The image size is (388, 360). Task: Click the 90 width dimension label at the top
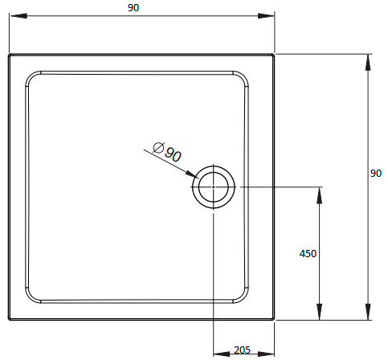(133, 8)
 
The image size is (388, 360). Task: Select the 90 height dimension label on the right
(376, 174)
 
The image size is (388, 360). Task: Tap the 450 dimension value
(308, 253)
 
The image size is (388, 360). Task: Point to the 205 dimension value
(242, 350)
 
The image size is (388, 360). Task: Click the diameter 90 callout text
(167, 151)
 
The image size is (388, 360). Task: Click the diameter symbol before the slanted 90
(158, 147)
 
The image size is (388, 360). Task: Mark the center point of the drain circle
(214, 187)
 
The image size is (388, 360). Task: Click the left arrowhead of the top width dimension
(18, 16)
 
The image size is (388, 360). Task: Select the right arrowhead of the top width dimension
(266, 16)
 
